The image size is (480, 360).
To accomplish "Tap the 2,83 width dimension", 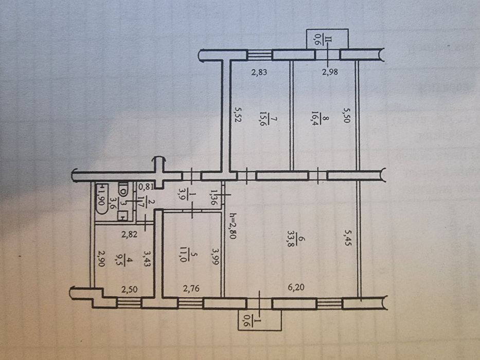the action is coord(260,73).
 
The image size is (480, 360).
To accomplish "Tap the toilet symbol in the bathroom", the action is coord(123,190).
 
